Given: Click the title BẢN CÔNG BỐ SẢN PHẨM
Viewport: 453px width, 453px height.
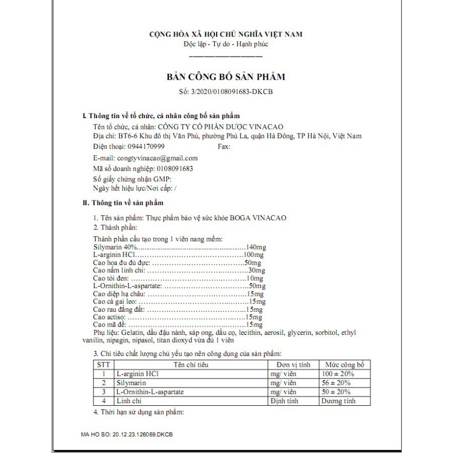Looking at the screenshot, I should [x=225, y=77].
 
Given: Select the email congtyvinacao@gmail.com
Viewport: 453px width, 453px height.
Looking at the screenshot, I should [x=157, y=158].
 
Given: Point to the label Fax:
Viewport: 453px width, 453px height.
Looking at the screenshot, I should [x=224, y=147].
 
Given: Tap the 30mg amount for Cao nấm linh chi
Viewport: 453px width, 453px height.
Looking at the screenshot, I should [x=256, y=270].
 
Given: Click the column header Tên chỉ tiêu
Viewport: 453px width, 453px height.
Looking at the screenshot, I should [x=191, y=365].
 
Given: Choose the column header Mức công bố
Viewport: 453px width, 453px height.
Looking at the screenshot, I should [x=345, y=365].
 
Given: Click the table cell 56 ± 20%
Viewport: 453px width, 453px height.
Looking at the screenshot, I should [x=336, y=383].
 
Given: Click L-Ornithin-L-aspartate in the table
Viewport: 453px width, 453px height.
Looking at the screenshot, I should [x=150, y=392].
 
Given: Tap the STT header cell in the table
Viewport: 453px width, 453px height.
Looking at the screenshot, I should [x=103, y=365].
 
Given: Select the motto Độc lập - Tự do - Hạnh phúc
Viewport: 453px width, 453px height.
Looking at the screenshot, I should [x=225, y=44].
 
